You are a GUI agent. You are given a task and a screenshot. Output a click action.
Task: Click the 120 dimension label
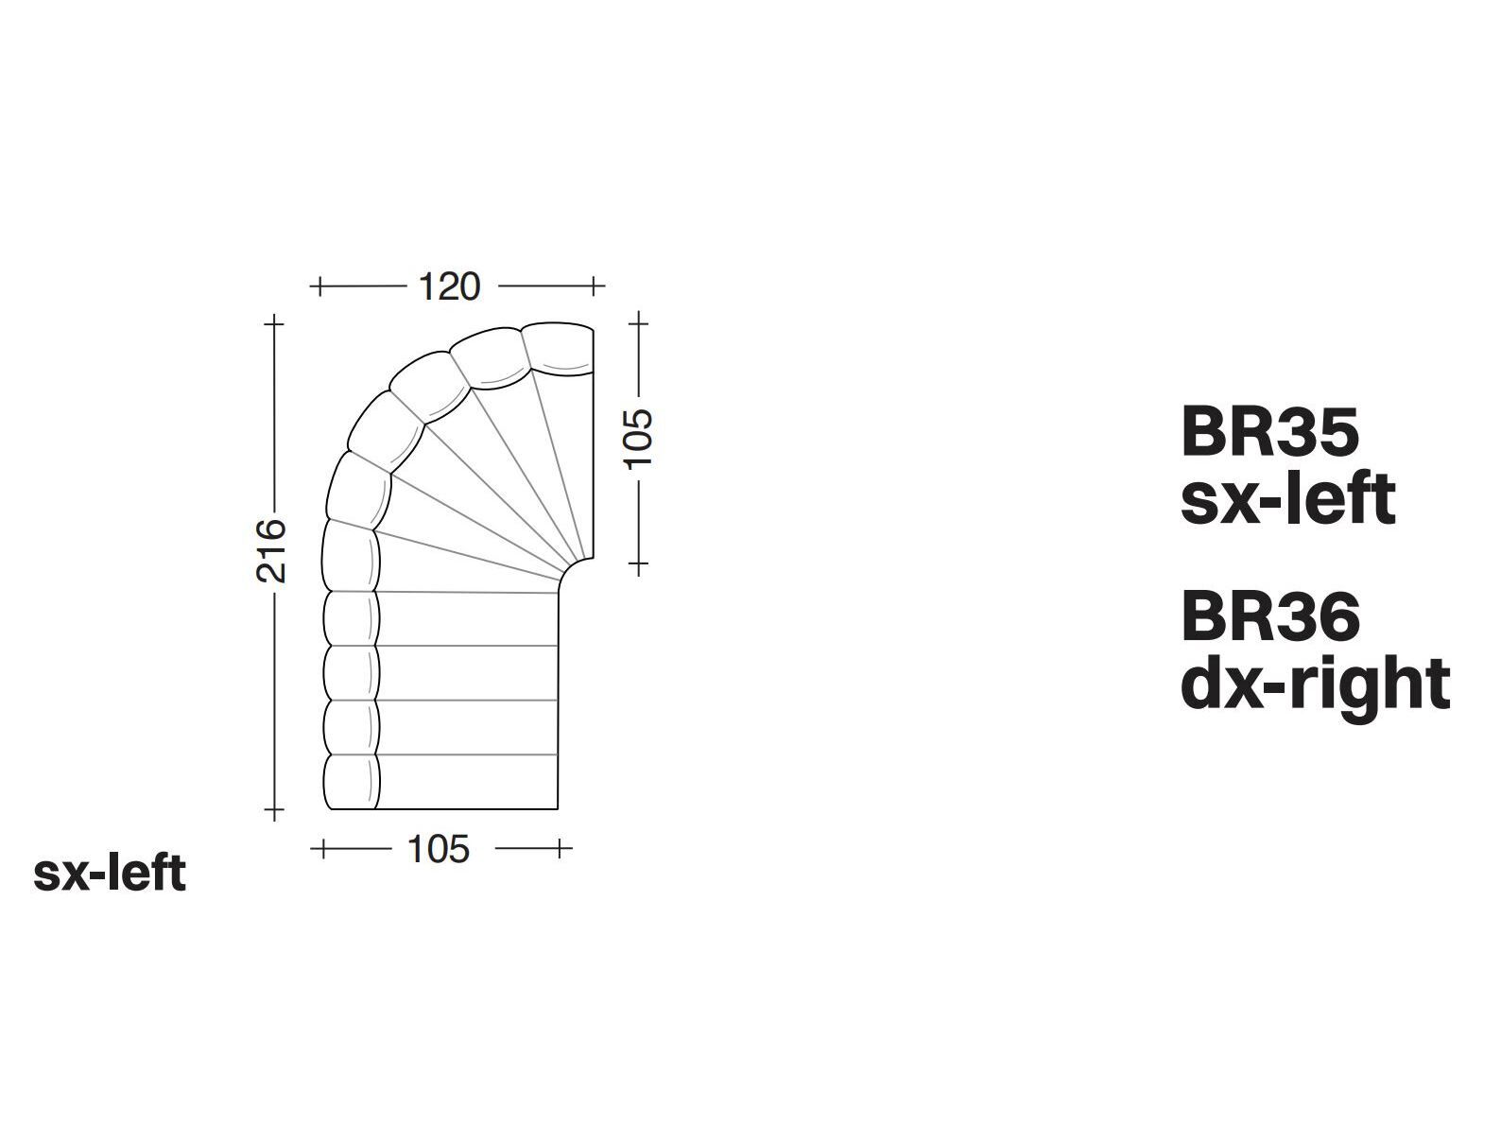tap(449, 286)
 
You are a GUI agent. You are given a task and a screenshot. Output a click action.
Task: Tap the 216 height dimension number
tap(270, 551)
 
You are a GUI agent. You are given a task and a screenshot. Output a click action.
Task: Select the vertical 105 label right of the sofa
tap(639, 439)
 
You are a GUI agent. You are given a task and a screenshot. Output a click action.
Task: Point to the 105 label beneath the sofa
tap(439, 850)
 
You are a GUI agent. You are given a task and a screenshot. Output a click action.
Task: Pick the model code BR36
tap(1270, 616)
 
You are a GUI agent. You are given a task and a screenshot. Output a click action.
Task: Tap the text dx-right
tap(1315, 685)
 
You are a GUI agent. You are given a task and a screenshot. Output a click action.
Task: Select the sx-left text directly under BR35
tap(1288, 499)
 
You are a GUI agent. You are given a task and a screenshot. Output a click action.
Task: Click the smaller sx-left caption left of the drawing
tap(110, 873)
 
